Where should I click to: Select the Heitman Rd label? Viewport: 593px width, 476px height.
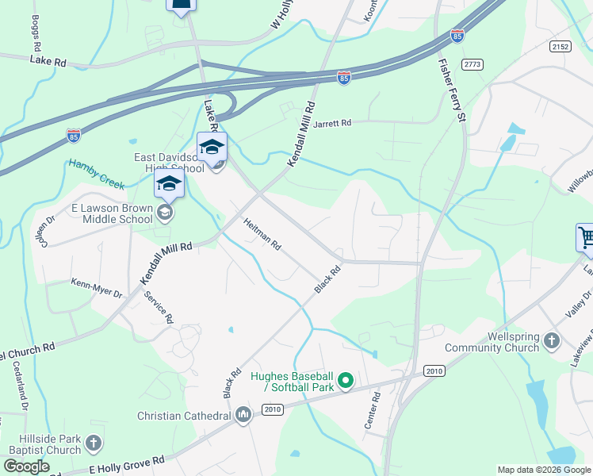point(262,234)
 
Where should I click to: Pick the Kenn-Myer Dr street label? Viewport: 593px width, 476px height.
point(97,288)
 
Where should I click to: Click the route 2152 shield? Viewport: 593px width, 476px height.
point(560,47)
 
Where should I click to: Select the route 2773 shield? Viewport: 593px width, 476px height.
point(472,64)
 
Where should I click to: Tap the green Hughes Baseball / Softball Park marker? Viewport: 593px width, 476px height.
point(345,382)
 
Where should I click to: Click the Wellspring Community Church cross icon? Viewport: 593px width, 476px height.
point(552,342)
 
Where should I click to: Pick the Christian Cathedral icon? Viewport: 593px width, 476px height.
point(243,415)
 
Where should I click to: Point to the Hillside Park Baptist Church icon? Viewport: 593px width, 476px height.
point(94,443)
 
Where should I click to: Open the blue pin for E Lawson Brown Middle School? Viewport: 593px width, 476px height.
point(169,186)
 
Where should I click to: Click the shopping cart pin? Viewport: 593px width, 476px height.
point(585,236)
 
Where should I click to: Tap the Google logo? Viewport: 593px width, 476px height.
point(25,466)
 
